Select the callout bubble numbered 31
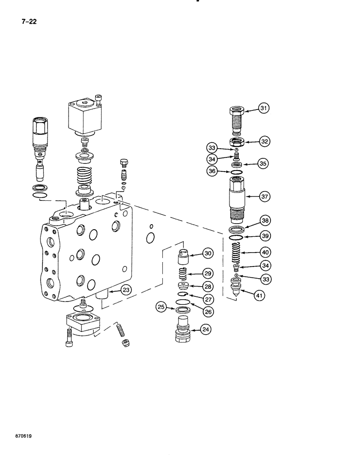pyautogui.click(x=264, y=109)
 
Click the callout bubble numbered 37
pyautogui.click(x=264, y=197)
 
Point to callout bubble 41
pyautogui.click(x=259, y=294)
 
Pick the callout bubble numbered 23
pyautogui.click(x=125, y=290)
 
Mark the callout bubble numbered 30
pyautogui.click(x=208, y=254)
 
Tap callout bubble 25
pyautogui.click(x=161, y=307)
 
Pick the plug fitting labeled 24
pyautogui.click(x=183, y=329)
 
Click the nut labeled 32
pyautogui.click(x=237, y=142)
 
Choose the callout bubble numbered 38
pyautogui.click(x=264, y=221)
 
